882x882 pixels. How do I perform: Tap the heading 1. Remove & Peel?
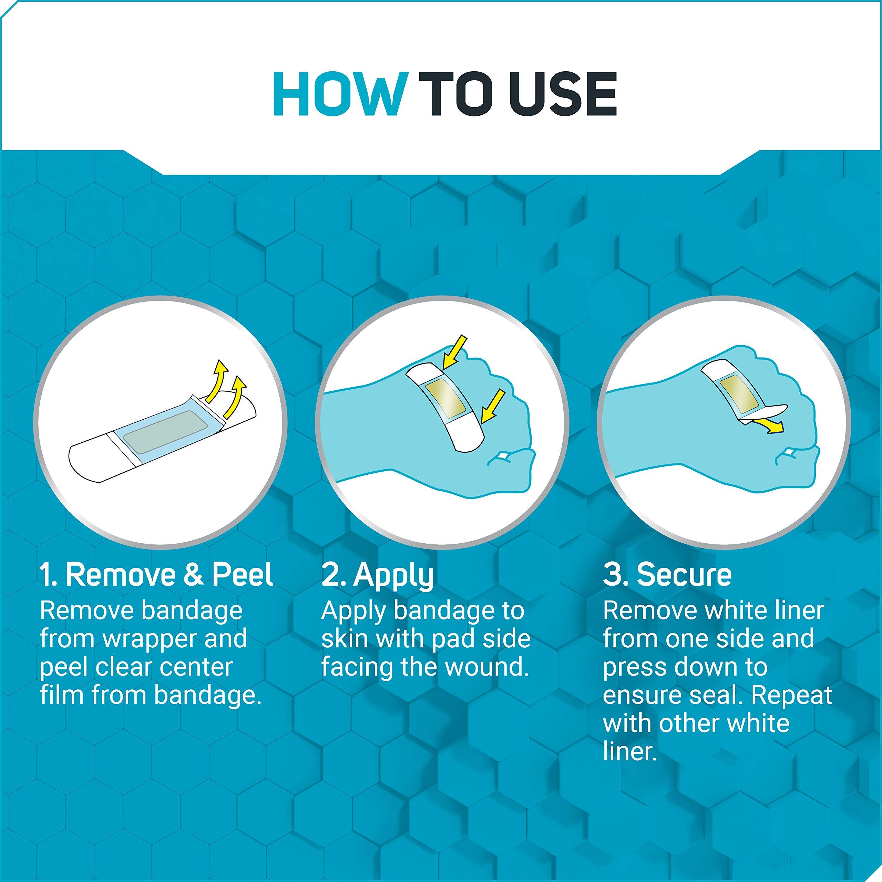click(156, 575)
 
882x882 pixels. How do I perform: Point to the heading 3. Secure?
click(667, 575)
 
